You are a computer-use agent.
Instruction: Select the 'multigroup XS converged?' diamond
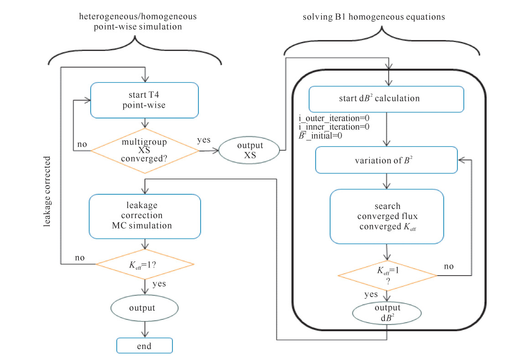pos(145,150)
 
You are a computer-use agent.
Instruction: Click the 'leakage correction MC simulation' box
pos(145,216)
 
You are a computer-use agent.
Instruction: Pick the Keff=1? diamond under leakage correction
pos(145,264)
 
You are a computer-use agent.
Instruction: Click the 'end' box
pos(145,345)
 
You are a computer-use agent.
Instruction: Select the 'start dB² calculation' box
pos(386,99)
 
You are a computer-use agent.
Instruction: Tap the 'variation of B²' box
pos(386,160)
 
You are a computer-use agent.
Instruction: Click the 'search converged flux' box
pos(386,216)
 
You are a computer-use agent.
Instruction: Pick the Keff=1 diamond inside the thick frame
pos(387,275)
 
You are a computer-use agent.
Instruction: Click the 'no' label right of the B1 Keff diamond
pos(449,266)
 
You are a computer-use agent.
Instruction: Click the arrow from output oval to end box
pos(145,329)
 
